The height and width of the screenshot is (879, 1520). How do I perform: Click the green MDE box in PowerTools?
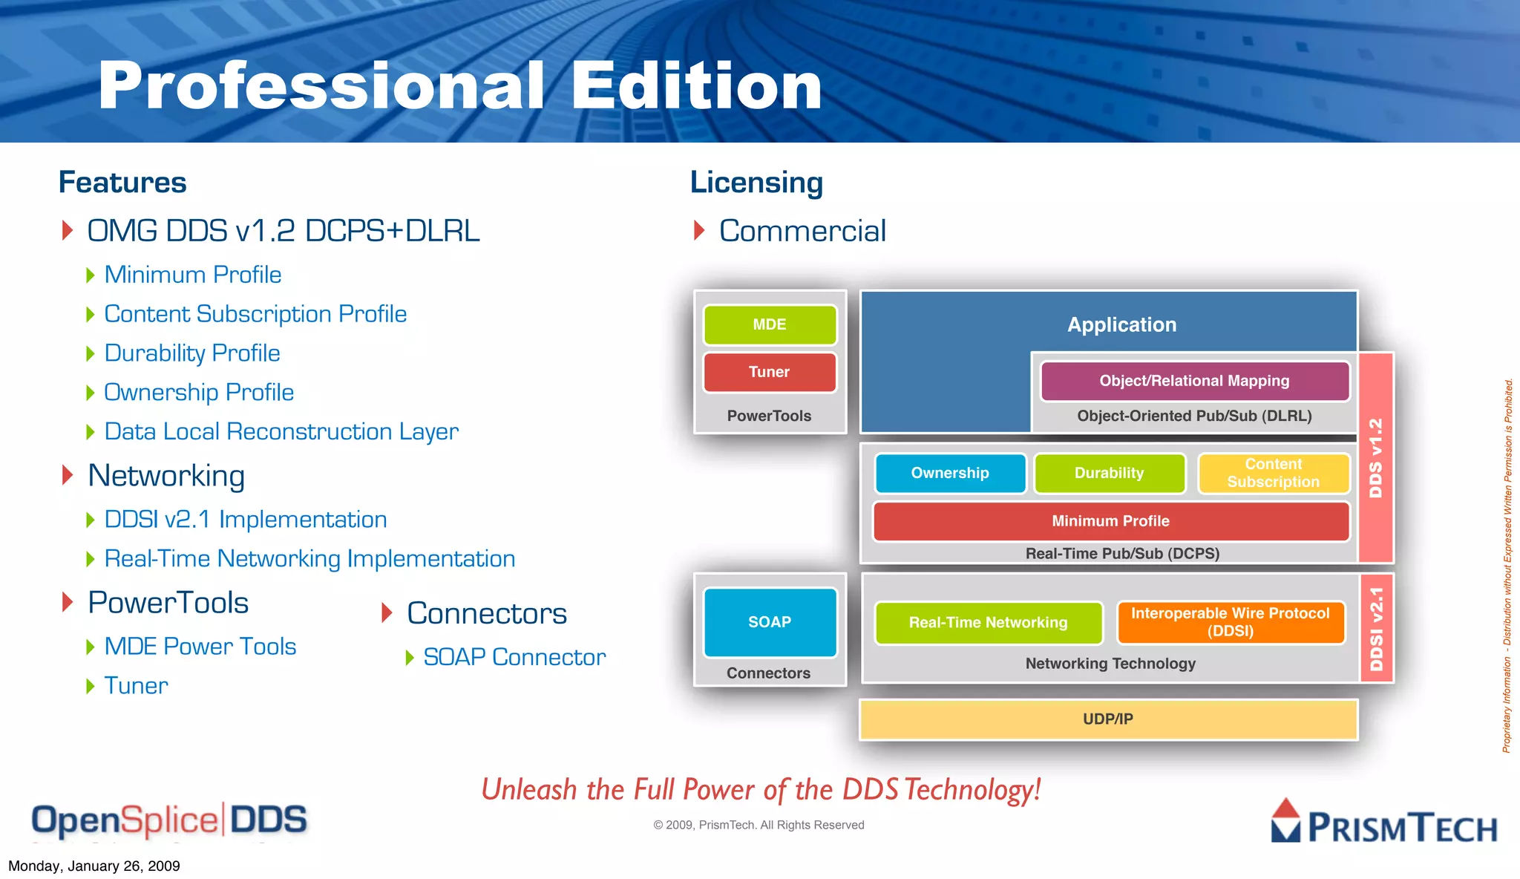[x=770, y=324]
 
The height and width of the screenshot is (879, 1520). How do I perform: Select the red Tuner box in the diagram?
[x=770, y=372]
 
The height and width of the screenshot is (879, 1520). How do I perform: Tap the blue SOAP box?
[x=770, y=622]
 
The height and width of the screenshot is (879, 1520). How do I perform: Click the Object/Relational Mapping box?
[x=1194, y=381]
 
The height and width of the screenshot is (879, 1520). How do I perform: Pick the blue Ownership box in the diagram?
[x=950, y=473]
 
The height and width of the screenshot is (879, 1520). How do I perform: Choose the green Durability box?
[x=1110, y=473]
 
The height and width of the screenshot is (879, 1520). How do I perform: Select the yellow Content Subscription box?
[x=1273, y=473]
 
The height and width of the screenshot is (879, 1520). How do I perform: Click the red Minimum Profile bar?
[x=1110, y=521]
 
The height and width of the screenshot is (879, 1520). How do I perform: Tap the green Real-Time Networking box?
[x=988, y=623]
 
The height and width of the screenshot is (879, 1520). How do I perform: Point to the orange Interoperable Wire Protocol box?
[x=1230, y=622]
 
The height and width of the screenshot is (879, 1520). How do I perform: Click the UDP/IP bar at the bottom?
[x=1108, y=719]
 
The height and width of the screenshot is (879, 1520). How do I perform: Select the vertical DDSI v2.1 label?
[x=1377, y=628]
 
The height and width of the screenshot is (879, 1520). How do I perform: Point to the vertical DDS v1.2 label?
[x=1376, y=457]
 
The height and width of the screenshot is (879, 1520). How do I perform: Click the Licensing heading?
[x=756, y=183]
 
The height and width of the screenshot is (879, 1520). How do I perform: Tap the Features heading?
[x=122, y=183]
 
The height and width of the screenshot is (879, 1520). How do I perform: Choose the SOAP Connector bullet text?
[x=514, y=657]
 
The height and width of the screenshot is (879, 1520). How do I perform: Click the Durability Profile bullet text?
[x=192, y=353]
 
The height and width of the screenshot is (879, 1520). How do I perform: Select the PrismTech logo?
[x=1384, y=823]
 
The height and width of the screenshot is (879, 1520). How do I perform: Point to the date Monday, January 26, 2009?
[x=94, y=866]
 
